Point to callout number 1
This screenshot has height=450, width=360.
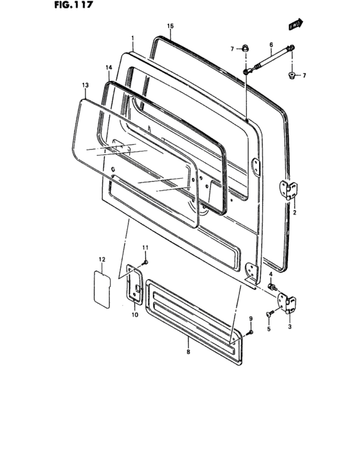tap(133, 39)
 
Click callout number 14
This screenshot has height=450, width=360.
tap(109, 67)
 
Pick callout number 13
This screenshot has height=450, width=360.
tap(85, 85)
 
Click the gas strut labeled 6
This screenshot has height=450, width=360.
tap(269, 59)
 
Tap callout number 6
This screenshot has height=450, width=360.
tap(271, 45)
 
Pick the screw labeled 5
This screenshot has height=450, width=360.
tap(268, 314)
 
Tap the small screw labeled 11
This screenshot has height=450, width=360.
tap(146, 262)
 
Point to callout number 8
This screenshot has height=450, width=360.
tap(188, 352)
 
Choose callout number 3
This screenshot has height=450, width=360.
tap(290, 327)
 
